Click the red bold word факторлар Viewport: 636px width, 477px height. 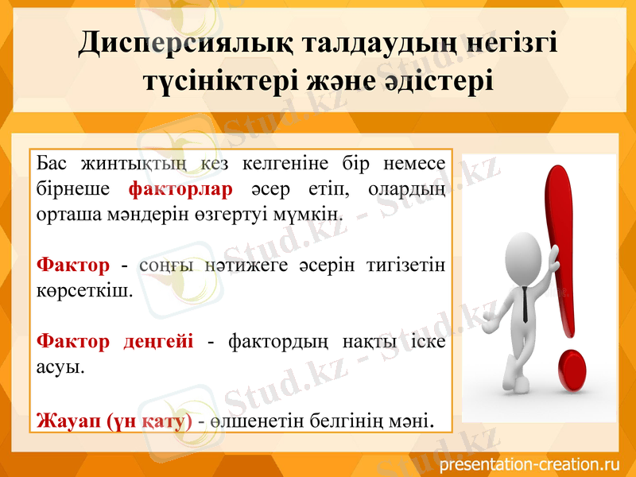[180, 190]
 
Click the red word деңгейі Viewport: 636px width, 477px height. [158, 342]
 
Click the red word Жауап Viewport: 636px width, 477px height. [68, 419]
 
